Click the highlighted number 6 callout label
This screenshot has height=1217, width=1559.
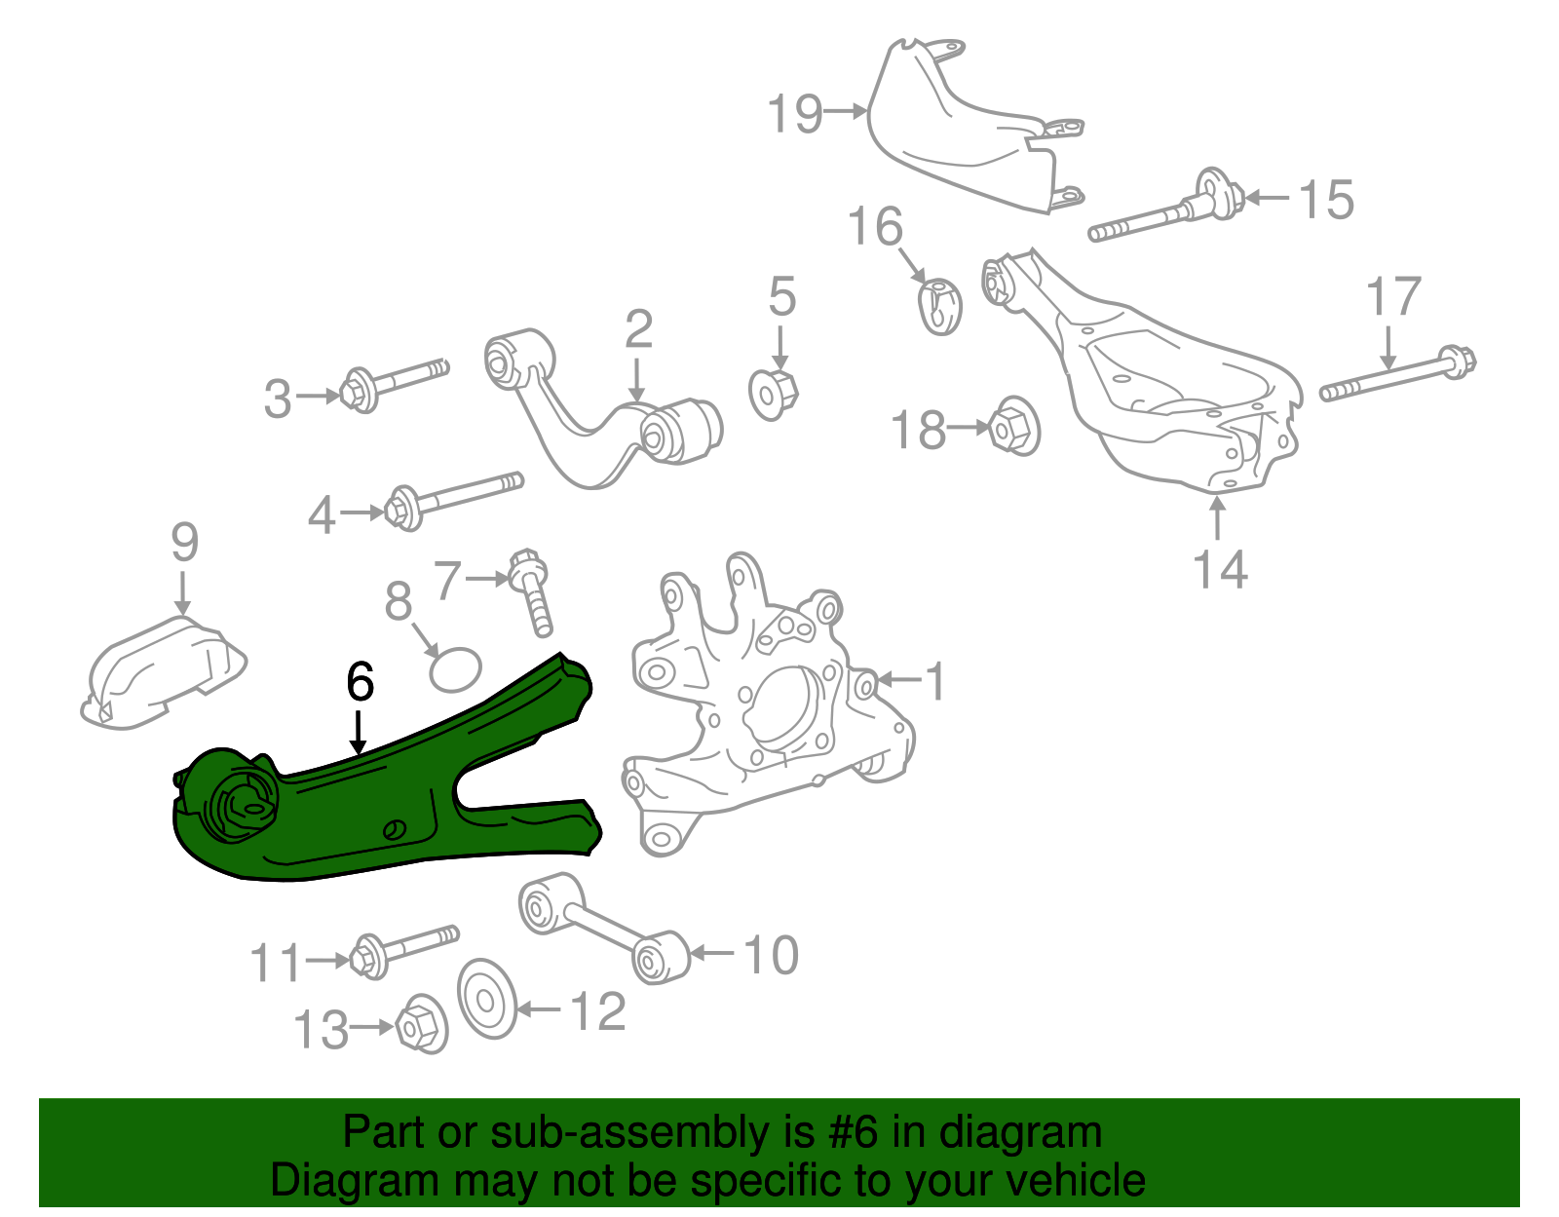(x=360, y=682)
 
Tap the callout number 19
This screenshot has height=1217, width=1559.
(x=795, y=114)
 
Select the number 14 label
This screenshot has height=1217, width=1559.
(x=1220, y=569)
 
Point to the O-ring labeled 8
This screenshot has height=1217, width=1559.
(x=456, y=669)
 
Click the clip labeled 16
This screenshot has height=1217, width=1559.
(x=940, y=306)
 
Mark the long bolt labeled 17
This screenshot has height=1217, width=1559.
(x=1398, y=376)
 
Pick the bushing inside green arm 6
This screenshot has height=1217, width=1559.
(x=246, y=801)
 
